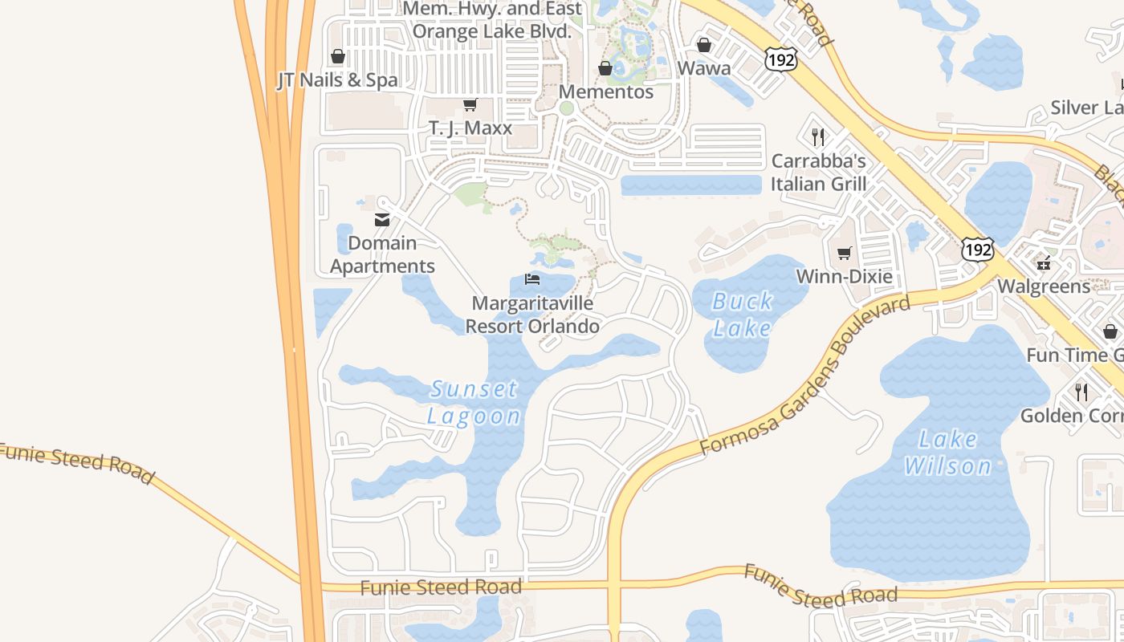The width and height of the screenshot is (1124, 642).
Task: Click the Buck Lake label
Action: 743,315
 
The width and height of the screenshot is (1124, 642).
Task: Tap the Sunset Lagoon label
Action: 474,403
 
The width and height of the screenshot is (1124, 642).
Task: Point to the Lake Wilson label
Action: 948,453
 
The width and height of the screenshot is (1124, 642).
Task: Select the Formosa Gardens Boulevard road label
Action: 806,375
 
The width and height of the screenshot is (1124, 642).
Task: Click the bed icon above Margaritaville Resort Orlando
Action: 532,280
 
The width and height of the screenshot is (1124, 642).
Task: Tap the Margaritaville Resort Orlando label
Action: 532,315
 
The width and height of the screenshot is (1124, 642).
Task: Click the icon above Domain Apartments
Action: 382,220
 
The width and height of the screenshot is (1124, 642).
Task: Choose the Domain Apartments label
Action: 382,254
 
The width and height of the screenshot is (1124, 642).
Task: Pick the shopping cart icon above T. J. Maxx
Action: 470,105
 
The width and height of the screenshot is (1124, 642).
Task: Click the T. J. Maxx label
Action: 470,128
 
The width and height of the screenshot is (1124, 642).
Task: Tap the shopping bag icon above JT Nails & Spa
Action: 338,57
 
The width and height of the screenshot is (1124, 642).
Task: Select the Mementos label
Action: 606,91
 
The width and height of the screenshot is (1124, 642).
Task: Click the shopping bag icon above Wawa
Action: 704,45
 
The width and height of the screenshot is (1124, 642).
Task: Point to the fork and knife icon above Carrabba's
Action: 818,137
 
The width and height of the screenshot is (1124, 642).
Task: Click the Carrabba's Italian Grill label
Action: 819,173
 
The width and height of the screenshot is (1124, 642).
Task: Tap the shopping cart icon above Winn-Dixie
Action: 844,254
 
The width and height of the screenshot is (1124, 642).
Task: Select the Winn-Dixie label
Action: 844,277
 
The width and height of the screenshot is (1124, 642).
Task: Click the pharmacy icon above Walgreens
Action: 1044,263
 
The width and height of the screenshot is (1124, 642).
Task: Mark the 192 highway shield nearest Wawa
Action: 780,59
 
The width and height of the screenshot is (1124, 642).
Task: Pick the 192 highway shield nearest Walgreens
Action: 979,249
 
